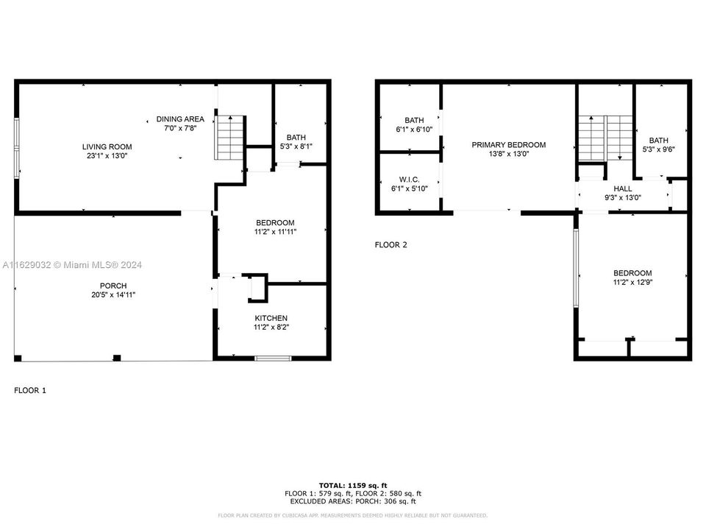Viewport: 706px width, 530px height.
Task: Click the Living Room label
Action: click(107, 146)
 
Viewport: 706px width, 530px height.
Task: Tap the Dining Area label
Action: click(179, 119)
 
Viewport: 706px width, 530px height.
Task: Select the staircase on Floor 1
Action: click(229, 137)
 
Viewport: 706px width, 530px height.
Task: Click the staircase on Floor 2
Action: click(605, 138)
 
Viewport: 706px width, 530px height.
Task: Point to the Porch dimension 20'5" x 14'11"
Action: click(113, 295)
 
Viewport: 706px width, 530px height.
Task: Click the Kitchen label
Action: click(271, 318)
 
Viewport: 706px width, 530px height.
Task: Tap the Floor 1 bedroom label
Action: click(275, 223)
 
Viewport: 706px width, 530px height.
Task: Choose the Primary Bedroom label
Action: click(508, 145)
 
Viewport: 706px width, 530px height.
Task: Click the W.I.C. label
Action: click(410, 179)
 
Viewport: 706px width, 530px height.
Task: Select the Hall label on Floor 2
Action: click(622, 188)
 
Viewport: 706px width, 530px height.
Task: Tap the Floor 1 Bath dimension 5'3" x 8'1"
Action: click(296, 146)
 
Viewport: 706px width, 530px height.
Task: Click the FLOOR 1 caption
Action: click(30, 391)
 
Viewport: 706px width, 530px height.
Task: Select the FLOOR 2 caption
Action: click(391, 245)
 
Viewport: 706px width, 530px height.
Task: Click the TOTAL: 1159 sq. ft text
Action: click(352, 485)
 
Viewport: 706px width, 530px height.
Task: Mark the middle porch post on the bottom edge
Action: click(116, 358)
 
